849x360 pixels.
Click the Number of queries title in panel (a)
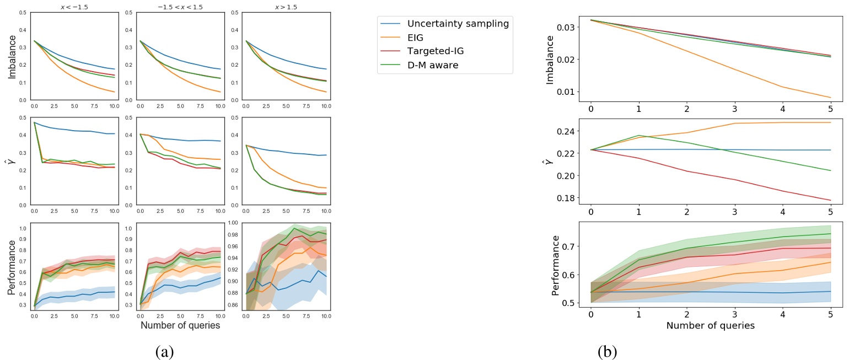(x=180, y=325)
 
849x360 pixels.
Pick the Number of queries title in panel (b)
(x=710, y=325)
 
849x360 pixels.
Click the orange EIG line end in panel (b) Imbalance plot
(x=830, y=98)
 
